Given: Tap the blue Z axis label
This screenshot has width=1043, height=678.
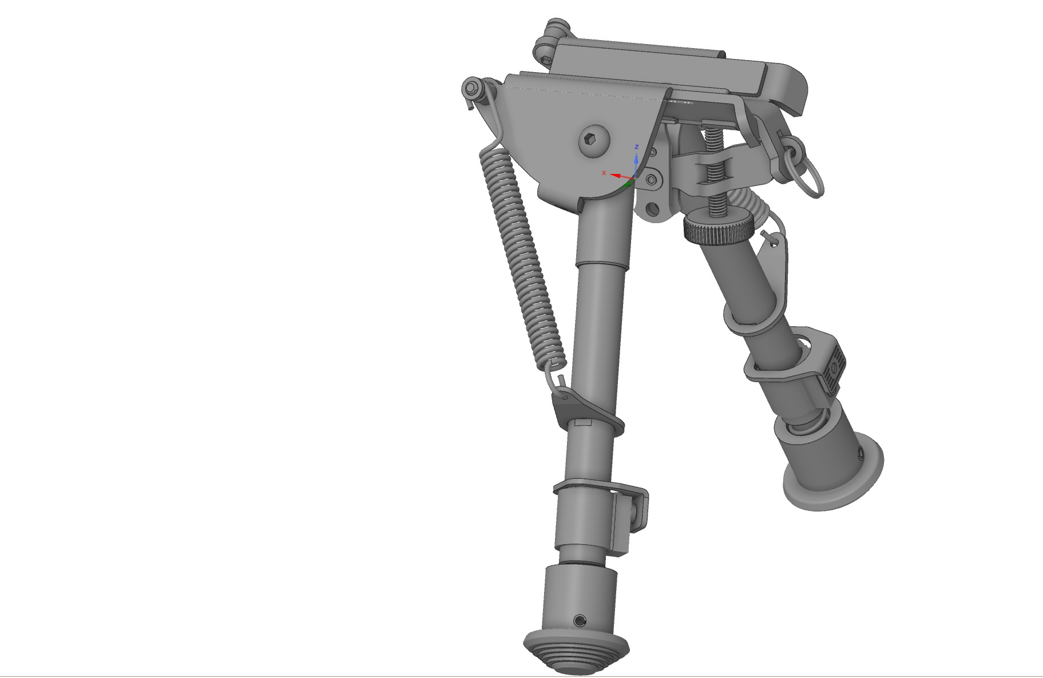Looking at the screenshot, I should (x=636, y=148).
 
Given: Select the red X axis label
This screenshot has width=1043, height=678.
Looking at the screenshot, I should (x=604, y=173).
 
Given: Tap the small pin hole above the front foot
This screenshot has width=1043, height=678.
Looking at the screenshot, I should (x=580, y=620).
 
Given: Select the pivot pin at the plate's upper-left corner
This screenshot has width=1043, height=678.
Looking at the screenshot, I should (x=472, y=89).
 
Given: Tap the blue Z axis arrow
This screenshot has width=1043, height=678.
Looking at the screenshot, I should (x=636, y=162).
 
